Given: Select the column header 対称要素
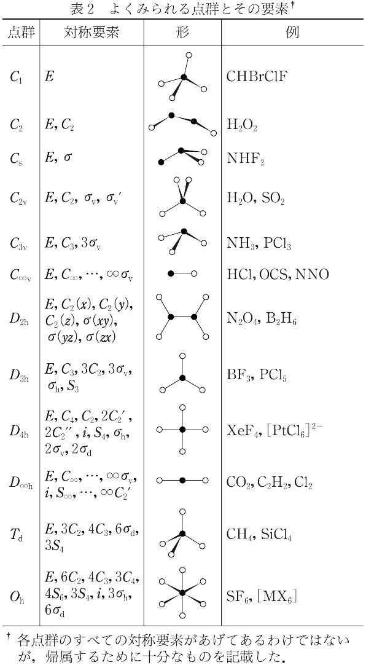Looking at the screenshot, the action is pos(91,33).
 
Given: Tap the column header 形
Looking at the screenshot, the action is pos(182,33).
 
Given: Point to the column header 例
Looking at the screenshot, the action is pos(292,33).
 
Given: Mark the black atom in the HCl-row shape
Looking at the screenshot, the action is pos(171,274).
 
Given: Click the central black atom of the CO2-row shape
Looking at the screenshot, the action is pos(182,481).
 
